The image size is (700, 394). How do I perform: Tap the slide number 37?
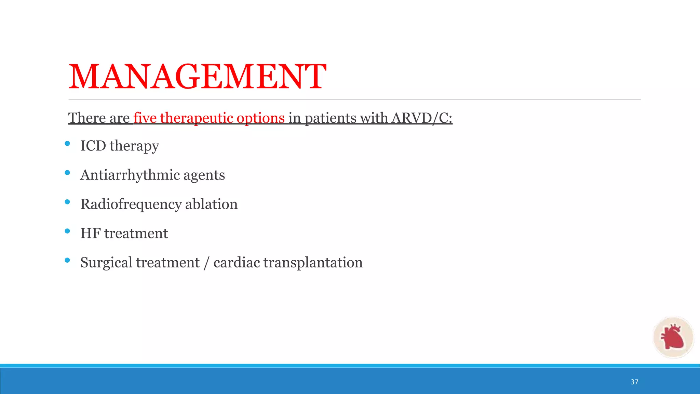click(x=634, y=382)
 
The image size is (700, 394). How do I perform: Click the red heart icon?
click(x=673, y=337)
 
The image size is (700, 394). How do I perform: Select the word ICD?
click(x=93, y=146)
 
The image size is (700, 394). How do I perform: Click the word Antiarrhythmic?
click(x=130, y=175)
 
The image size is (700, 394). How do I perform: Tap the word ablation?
click(x=211, y=204)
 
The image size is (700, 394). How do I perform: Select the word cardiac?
click(x=237, y=263)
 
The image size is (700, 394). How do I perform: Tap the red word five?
click(x=145, y=118)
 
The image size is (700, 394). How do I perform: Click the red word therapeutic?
click(x=196, y=118)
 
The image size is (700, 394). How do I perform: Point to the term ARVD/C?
click(x=422, y=118)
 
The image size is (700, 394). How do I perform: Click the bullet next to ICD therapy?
click(x=67, y=144)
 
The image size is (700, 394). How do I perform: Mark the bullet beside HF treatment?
click(x=67, y=231)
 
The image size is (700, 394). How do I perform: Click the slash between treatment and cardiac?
click(x=206, y=263)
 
